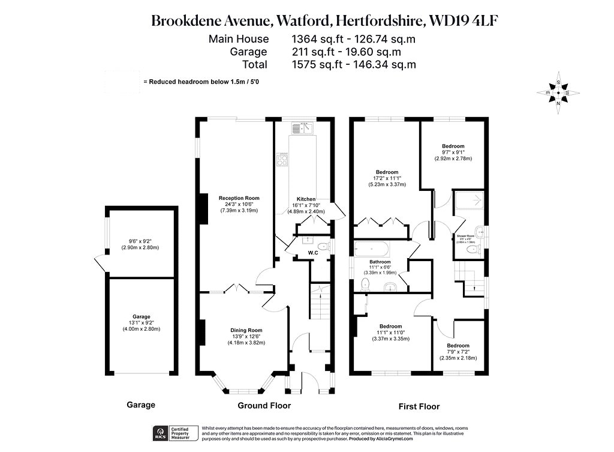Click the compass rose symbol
coord(558,93)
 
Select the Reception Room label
coord(239,198)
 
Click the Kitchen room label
coord(306,199)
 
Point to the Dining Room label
coord(247,330)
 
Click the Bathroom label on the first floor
coord(380,262)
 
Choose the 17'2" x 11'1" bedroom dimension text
coord(387,178)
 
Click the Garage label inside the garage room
coord(142,316)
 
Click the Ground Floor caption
coord(264,406)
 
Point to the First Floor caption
coord(419,406)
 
